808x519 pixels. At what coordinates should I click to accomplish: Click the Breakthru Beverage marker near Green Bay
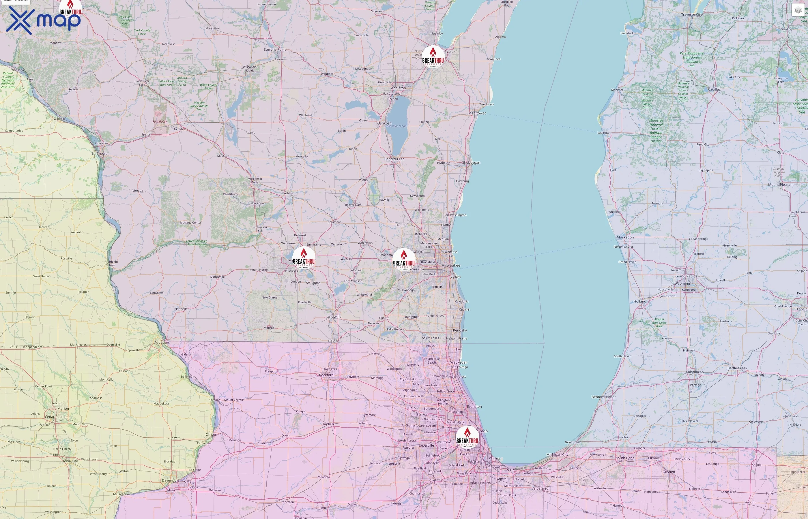coord(433,57)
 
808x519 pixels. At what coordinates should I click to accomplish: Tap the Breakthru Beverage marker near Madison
coord(304,258)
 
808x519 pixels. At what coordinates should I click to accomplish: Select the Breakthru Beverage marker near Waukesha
coord(404,260)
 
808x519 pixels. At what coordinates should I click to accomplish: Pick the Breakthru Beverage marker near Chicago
coord(467,437)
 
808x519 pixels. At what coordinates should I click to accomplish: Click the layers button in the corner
coord(798,10)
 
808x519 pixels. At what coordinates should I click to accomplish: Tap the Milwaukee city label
coord(451,265)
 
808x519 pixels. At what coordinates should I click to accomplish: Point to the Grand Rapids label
coord(686,276)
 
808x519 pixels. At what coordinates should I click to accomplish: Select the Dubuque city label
coord(161,343)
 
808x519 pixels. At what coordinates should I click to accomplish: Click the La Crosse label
coord(100,154)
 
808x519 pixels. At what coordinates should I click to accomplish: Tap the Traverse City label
coord(691,15)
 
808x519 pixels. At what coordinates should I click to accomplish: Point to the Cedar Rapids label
coord(56,417)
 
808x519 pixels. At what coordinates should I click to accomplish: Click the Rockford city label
coord(326,375)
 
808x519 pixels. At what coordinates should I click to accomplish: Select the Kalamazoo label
coord(695,372)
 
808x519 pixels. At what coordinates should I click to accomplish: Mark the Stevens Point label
coord(274,50)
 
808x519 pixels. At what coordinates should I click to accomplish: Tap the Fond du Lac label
coord(394,159)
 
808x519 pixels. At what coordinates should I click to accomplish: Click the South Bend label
coord(625,458)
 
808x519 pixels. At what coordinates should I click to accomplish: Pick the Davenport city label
coord(170,481)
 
